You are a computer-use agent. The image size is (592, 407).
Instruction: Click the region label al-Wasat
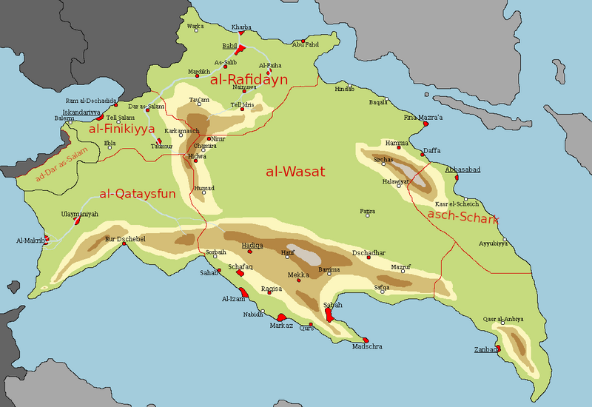295,172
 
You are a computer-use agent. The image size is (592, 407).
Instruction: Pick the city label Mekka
297,275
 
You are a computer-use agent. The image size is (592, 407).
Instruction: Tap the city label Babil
230,44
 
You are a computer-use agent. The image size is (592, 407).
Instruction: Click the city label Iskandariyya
81,112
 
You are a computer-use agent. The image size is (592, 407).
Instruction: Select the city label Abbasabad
462,169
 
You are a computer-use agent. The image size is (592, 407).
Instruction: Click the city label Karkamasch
182,131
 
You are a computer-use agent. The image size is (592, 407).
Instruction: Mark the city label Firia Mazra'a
423,117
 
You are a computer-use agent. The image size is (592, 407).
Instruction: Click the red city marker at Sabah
329,317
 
